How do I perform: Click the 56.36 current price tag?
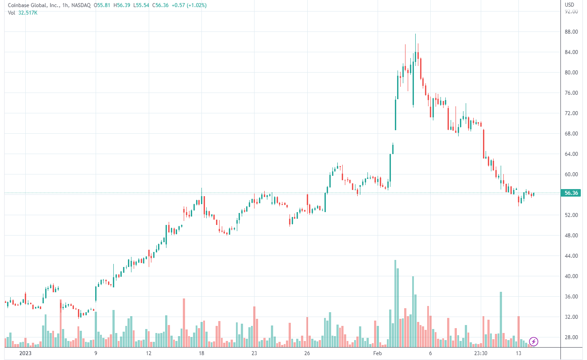pyautogui.click(x=571, y=193)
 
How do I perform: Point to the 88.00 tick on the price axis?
pyautogui.click(x=571, y=32)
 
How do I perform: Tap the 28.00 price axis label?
pyautogui.click(x=571, y=337)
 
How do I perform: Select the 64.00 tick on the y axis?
pyautogui.click(x=571, y=154)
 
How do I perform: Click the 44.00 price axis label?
pyautogui.click(x=571, y=256)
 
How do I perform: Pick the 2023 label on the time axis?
pyautogui.click(x=26, y=353)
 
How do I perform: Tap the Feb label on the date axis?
pyautogui.click(x=377, y=353)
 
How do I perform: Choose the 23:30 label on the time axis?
pyautogui.click(x=481, y=353)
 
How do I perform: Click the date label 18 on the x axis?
pyautogui.click(x=201, y=353)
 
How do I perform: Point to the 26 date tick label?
pyautogui.click(x=307, y=353)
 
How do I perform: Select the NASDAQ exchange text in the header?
pyautogui.click(x=81, y=5)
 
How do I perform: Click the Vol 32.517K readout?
pyautogui.click(x=23, y=13)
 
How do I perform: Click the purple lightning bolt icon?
pyautogui.click(x=534, y=341)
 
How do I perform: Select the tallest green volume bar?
pyautogui.click(x=395, y=303)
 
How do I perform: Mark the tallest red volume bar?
pyautogui.click(x=184, y=322)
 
